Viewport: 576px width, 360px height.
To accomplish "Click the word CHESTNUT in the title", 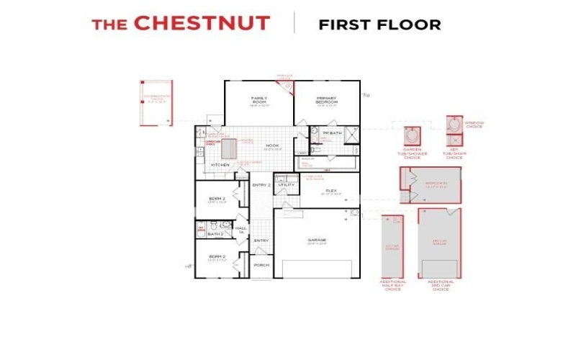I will tap(202, 23).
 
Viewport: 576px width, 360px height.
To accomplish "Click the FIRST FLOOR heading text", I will tap(379, 24).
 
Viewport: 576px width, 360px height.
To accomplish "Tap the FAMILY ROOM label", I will tap(259, 99).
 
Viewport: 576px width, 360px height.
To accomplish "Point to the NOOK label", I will tap(272, 145).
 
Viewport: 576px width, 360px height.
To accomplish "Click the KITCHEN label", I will tap(220, 165).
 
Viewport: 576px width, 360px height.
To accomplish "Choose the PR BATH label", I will tap(331, 133).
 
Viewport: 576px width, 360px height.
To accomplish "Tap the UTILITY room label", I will tap(287, 185).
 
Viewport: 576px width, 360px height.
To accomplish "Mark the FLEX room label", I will tap(332, 192).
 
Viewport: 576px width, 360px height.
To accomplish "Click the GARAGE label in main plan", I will tap(317, 240).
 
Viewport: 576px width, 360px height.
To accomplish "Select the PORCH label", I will tap(261, 265).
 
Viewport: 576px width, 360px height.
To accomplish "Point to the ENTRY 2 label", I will tap(261, 185).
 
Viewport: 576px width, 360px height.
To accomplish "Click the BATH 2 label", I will tap(215, 234).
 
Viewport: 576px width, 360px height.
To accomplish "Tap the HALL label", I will tap(240, 228).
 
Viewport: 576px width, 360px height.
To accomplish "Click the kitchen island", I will tap(229, 148).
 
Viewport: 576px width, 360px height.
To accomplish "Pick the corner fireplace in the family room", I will tap(287, 87).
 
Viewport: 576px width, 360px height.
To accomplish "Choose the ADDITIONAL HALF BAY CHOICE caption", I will tap(393, 284).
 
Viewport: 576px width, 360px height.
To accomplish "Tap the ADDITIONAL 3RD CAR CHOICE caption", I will tap(441, 284).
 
